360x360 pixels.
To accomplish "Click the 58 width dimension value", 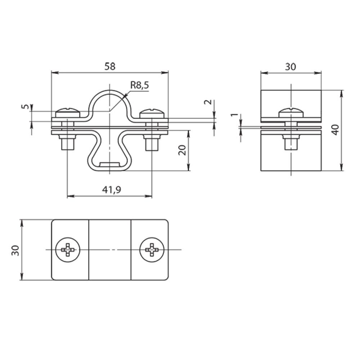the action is tap(110, 67).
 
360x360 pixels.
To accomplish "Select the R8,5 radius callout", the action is tap(140, 85).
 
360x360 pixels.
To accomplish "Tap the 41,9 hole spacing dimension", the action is tap(112, 190).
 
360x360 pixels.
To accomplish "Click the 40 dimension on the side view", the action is tap(336, 130).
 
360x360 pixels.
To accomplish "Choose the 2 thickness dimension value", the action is tap(208, 102).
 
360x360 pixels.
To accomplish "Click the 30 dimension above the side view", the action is tap(291, 67).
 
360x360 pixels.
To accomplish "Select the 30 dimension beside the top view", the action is tap(15, 250).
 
